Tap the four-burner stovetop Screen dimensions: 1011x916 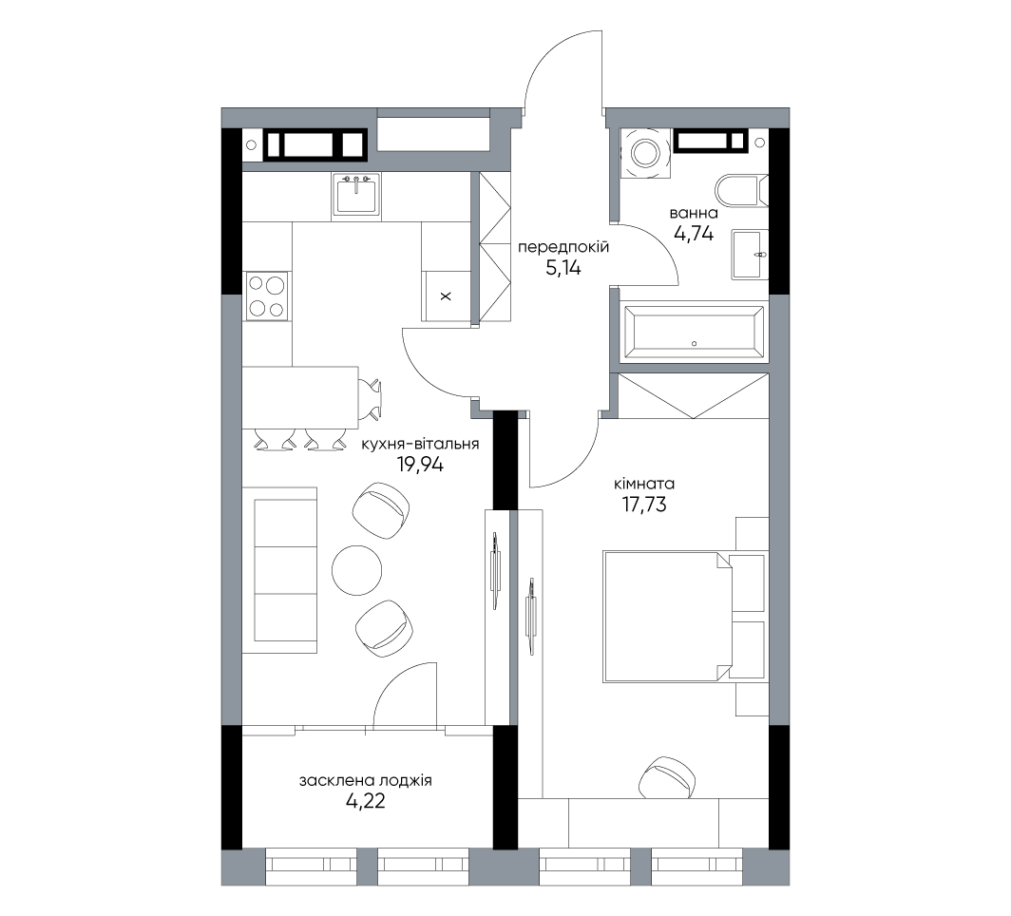click(267, 296)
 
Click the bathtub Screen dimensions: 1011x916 click(694, 332)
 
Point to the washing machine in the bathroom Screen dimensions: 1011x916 click(644, 153)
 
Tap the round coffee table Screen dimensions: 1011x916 click(356, 570)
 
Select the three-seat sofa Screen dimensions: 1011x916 click(279, 570)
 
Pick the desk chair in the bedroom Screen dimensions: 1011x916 click(667, 777)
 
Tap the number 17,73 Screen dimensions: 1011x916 click(643, 505)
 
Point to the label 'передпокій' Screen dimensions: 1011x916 click(563, 247)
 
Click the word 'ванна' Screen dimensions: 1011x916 click(694, 213)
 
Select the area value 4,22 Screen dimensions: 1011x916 click(366, 801)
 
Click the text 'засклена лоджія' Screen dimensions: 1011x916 click(366, 781)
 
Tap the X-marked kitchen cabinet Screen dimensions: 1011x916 click(446, 296)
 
